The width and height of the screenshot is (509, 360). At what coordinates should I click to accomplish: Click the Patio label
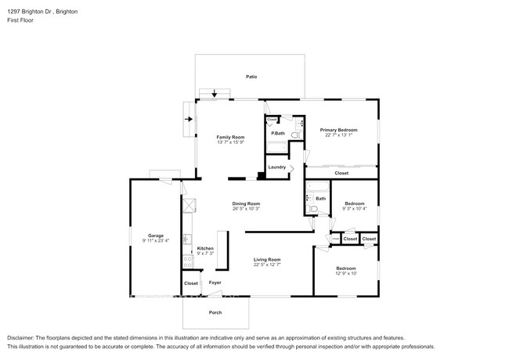click(x=251, y=77)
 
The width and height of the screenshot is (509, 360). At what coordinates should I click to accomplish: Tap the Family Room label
click(x=230, y=137)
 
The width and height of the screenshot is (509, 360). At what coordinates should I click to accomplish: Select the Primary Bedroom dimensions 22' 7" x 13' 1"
click(x=338, y=135)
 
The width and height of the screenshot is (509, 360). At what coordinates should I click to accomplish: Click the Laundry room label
click(x=276, y=167)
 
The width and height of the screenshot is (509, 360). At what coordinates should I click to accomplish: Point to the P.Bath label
click(x=277, y=134)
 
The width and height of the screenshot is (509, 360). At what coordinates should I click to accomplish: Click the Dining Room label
click(x=246, y=203)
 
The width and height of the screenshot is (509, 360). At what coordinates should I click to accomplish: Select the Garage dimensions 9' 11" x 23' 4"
click(x=156, y=240)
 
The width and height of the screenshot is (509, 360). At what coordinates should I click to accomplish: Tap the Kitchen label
click(x=205, y=248)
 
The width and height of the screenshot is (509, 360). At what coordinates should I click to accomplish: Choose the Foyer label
click(x=215, y=283)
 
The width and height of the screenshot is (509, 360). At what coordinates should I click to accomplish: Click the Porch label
click(x=215, y=312)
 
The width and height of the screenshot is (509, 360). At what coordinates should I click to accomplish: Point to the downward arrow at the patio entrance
click(x=215, y=93)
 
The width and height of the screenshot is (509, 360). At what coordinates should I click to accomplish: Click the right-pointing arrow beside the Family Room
click(x=189, y=120)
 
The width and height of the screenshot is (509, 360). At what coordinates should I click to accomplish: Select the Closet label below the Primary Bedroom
click(x=341, y=173)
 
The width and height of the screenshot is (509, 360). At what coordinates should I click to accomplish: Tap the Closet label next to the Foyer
click(x=191, y=283)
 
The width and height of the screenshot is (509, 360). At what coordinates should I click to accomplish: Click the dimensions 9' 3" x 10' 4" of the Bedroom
click(x=354, y=209)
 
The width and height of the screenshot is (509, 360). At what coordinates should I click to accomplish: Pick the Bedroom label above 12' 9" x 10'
click(x=345, y=268)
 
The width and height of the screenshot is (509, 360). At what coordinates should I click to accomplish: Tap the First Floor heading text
click(x=21, y=20)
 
